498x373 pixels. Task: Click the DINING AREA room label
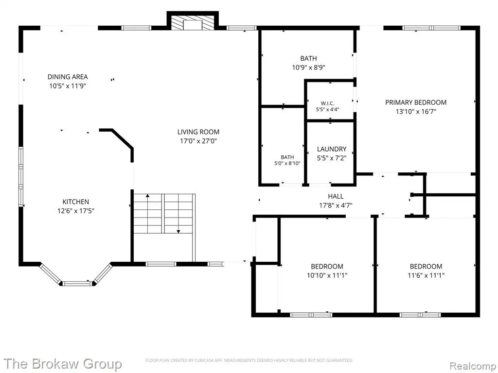68,77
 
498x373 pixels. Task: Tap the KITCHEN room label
75,202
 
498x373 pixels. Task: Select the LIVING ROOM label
198,132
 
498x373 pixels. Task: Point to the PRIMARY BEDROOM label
416,102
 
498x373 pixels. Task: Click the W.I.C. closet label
327,103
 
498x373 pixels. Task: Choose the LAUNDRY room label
332,149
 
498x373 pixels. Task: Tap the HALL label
336,196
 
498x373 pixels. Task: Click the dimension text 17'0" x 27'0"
198,141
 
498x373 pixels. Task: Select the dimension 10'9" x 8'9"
309,68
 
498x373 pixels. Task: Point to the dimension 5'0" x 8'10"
287,164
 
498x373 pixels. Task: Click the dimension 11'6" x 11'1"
426,275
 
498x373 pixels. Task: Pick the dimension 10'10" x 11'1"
327,275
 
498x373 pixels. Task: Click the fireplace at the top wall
193,22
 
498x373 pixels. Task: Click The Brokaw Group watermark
63,364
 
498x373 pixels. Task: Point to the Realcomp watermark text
473,366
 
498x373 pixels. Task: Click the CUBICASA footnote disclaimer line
249,360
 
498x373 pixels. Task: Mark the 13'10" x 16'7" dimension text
416,112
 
